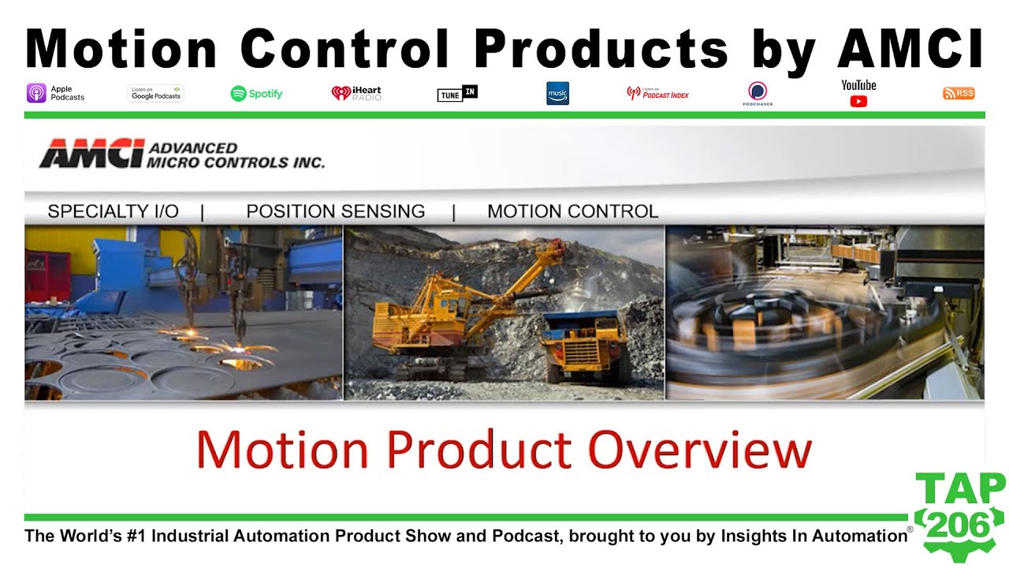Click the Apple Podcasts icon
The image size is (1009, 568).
click(36, 93)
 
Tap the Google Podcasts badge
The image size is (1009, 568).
click(155, 93)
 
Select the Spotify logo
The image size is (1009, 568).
click(257, 93)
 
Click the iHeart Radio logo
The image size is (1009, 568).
click(356, 93)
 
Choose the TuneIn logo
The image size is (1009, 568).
click(457, 93)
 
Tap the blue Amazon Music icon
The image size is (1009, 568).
click(557, 93)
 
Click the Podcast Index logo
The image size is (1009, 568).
click(657, 93)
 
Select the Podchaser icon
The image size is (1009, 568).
click(758, 92)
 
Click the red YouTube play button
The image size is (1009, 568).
click(858, 101)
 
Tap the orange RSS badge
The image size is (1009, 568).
click(959, 93)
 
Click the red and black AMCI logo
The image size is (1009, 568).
click(91, 153)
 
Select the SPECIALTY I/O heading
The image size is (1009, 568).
click(113, 211)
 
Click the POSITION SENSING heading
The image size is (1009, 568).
click(335, 211)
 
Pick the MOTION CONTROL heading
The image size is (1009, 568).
click(572, 211)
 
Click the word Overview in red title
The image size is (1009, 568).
click(700, 450)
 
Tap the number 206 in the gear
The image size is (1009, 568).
click(960, 525)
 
